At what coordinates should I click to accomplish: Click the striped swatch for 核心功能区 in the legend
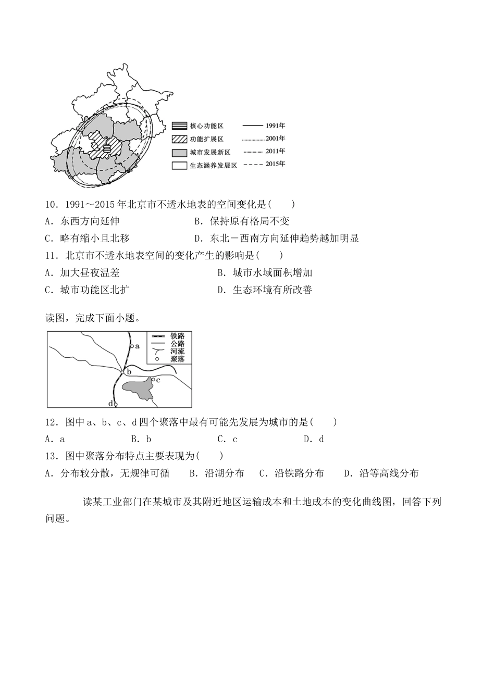pyautogui.click(x=179, y=126)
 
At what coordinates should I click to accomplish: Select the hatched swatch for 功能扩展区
pyautogui.click(x=179, y=139)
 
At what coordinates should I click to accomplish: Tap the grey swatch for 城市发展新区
pyautogui.click(x=179, y=153)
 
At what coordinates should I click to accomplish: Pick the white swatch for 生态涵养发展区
pyautogui.click(x=179, y=166)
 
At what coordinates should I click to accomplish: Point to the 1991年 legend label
pyautogui.click(x=275, y=126)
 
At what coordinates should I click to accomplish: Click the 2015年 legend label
pyautogui.click(x=275, y=164)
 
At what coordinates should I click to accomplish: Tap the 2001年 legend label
pyautogui.click(x=275, y=139)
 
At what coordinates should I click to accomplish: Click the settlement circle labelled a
pyautogui.click(x=132, y=345)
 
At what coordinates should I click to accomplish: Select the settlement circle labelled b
pyautogui.click(x=122, y=371)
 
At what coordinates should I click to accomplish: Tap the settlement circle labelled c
pyautogui.click(x=153, y=380)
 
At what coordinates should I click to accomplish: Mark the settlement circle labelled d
pyautogui.click(x=116, y=404)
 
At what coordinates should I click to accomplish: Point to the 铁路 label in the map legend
pyautogui.click(x=177, y=336)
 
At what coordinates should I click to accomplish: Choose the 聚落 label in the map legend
pyautogui.click(x=177, y=359)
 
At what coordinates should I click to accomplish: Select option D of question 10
pyautogui.click(x=277, y=239)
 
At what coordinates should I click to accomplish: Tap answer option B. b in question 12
pyautogui.click(x=141, y=439)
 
